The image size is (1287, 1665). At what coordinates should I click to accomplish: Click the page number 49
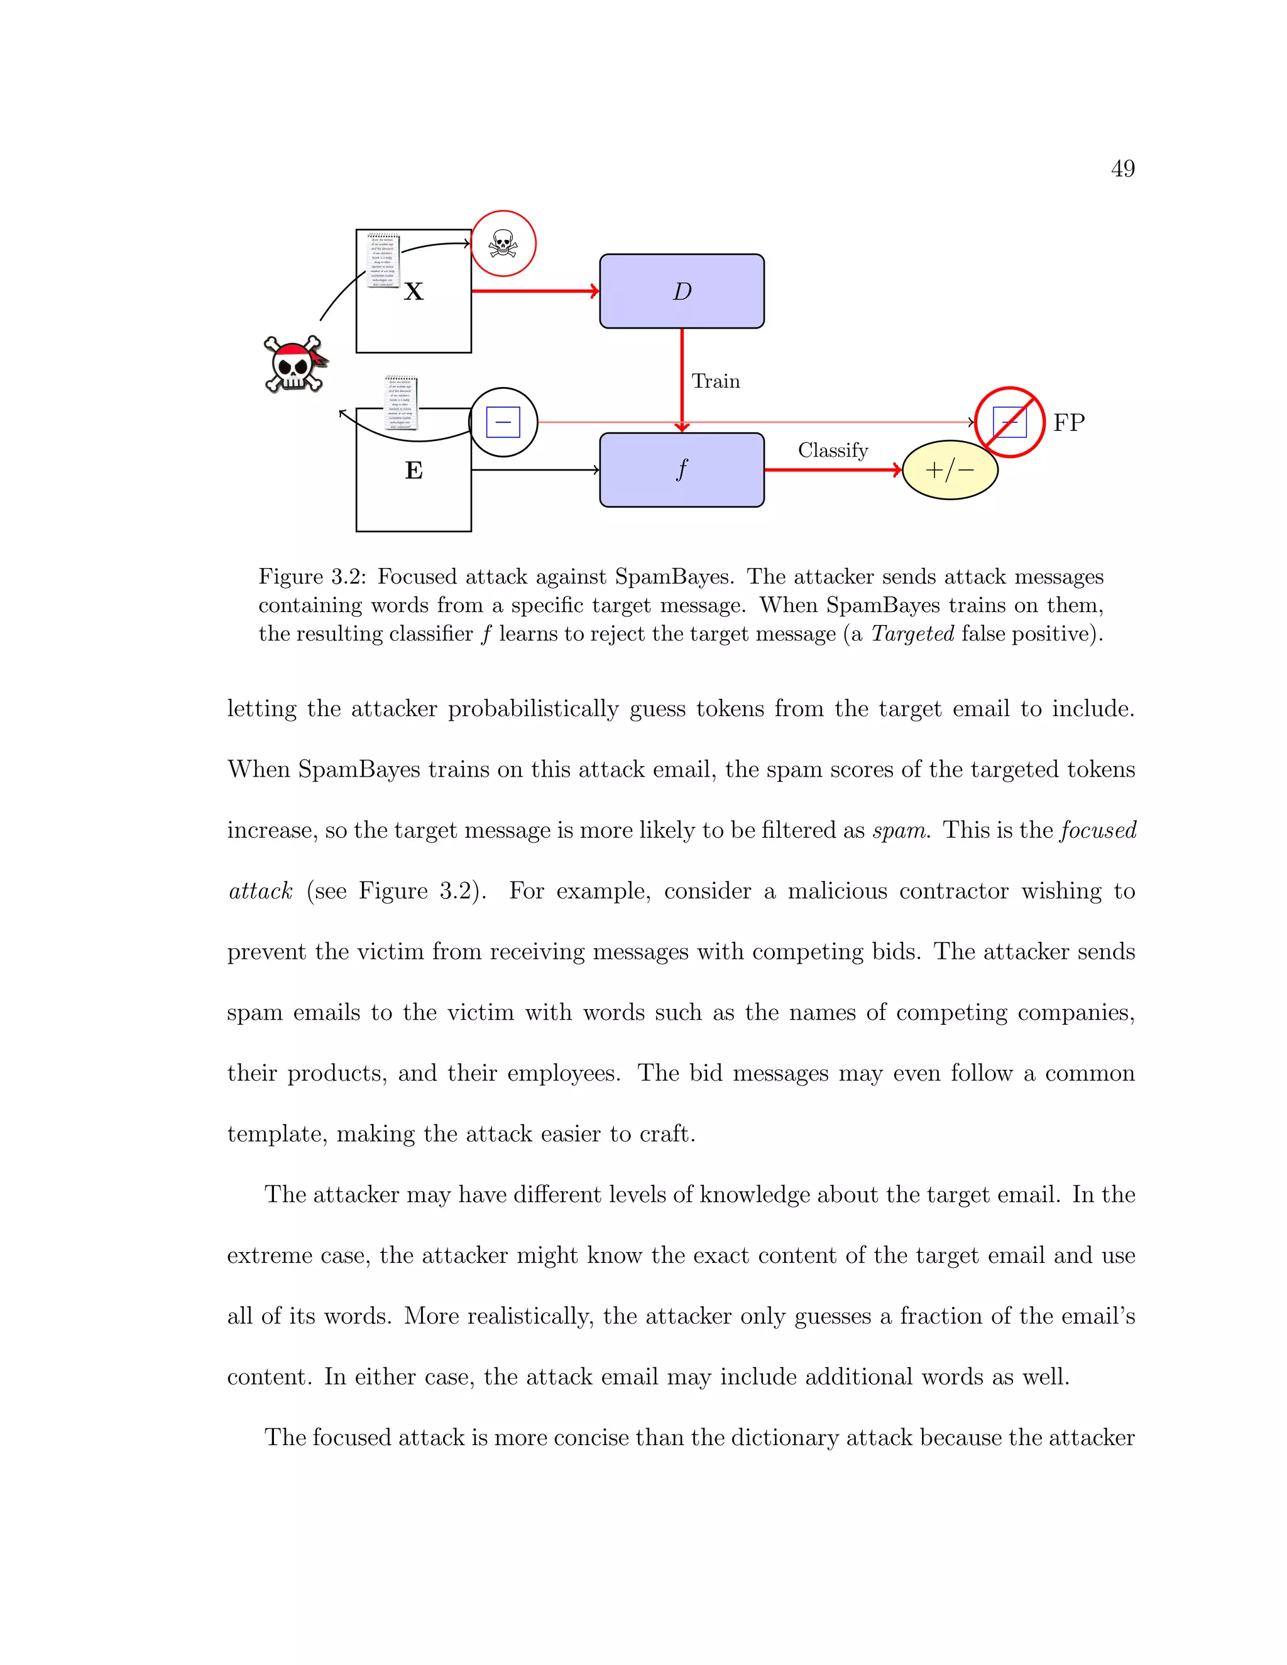pos(1122,168)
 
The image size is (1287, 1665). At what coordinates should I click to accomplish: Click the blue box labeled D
pos(682,292)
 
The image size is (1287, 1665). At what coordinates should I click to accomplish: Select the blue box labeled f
pos(682,469)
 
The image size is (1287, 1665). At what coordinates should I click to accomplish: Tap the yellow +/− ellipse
pos(950,469)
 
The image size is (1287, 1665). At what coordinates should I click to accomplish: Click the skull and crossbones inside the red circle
pos(503,244)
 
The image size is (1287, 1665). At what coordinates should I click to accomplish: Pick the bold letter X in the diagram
pos(413,292)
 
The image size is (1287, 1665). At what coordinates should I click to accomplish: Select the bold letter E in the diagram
pos(413,471)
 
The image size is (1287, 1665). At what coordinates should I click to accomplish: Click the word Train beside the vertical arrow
pos(715,381)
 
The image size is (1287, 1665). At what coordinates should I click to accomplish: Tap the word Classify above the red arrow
pos(833,450)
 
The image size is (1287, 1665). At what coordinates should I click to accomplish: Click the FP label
pos(1068,422)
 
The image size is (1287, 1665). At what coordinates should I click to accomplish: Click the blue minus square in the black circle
pos(503,422)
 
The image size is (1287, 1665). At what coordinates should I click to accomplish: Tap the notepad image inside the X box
pos(382,261)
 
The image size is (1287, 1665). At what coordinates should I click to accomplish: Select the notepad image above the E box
pos(401,403)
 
